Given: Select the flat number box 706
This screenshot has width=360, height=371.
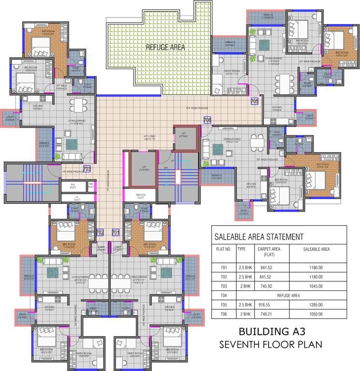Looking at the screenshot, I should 207,120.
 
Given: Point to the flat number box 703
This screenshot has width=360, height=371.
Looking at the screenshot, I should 87,169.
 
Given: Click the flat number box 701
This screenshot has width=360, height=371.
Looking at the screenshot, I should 115,232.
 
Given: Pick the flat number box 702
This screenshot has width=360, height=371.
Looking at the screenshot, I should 100,232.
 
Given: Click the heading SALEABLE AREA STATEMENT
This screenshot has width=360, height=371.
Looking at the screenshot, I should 259,237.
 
